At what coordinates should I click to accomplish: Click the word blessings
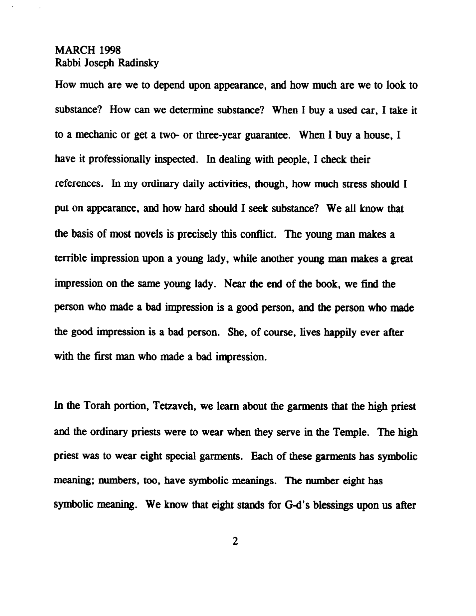335,505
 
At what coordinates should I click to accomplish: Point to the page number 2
235,542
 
